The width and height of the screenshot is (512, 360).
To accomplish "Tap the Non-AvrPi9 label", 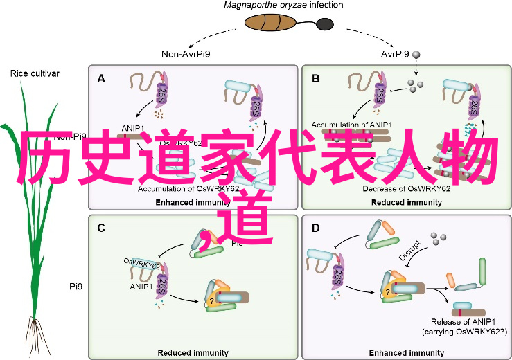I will coord(187,54).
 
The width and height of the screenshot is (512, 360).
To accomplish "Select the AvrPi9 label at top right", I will coord(396,54).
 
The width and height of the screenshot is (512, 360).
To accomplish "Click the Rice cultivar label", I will coord(35,73).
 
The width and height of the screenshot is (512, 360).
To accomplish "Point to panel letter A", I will coord(101,79).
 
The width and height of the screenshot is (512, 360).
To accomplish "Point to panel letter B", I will coord(316,79).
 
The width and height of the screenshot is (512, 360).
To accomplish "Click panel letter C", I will coord(101,227).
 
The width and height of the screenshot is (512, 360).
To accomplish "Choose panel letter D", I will coord(316,227).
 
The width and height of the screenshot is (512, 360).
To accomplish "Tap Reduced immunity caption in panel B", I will coord(407,202).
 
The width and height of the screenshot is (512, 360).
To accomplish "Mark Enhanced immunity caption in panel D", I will coord(407,352).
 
